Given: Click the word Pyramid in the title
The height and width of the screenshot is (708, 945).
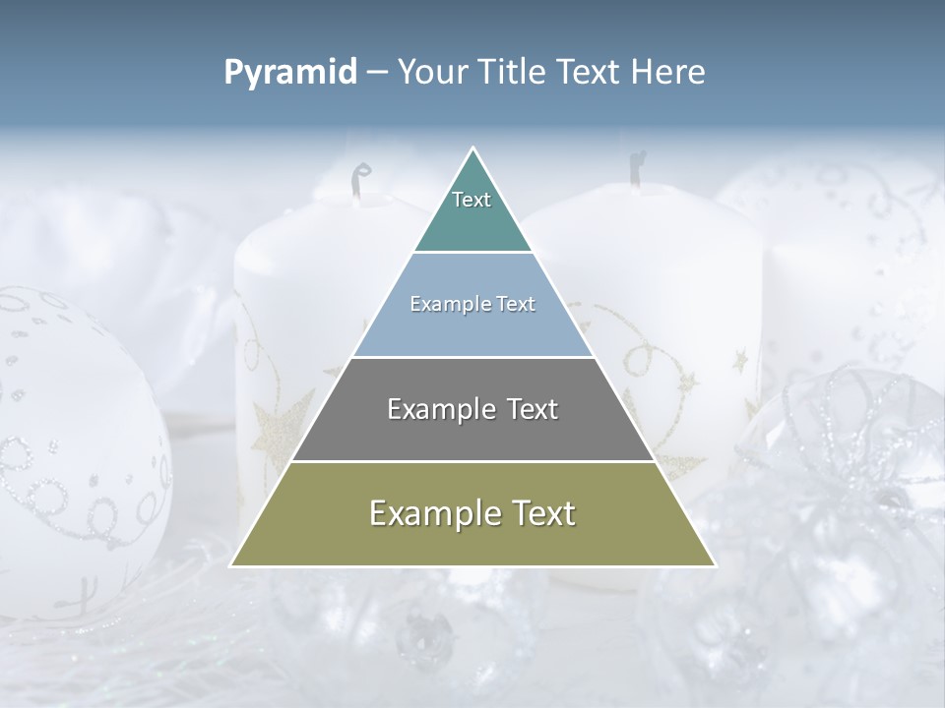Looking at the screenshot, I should coord(290,73).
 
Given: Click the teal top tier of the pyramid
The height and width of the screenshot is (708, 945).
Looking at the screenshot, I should coord(472,221).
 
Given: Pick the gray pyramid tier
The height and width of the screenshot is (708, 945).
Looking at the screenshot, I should coord(472,433).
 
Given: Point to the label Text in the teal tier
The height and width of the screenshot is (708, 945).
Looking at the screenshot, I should coord(472,200).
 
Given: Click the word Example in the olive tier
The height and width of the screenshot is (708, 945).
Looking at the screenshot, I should coord(431,513).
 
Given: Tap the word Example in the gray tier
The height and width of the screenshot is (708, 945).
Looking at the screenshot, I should coord(438,409).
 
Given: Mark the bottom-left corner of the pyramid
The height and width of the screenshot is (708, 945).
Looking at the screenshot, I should coord(232,565).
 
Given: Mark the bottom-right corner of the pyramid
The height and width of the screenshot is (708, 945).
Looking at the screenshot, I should coord(714,565).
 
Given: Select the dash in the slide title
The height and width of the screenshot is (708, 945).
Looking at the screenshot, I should coord(377,73).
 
